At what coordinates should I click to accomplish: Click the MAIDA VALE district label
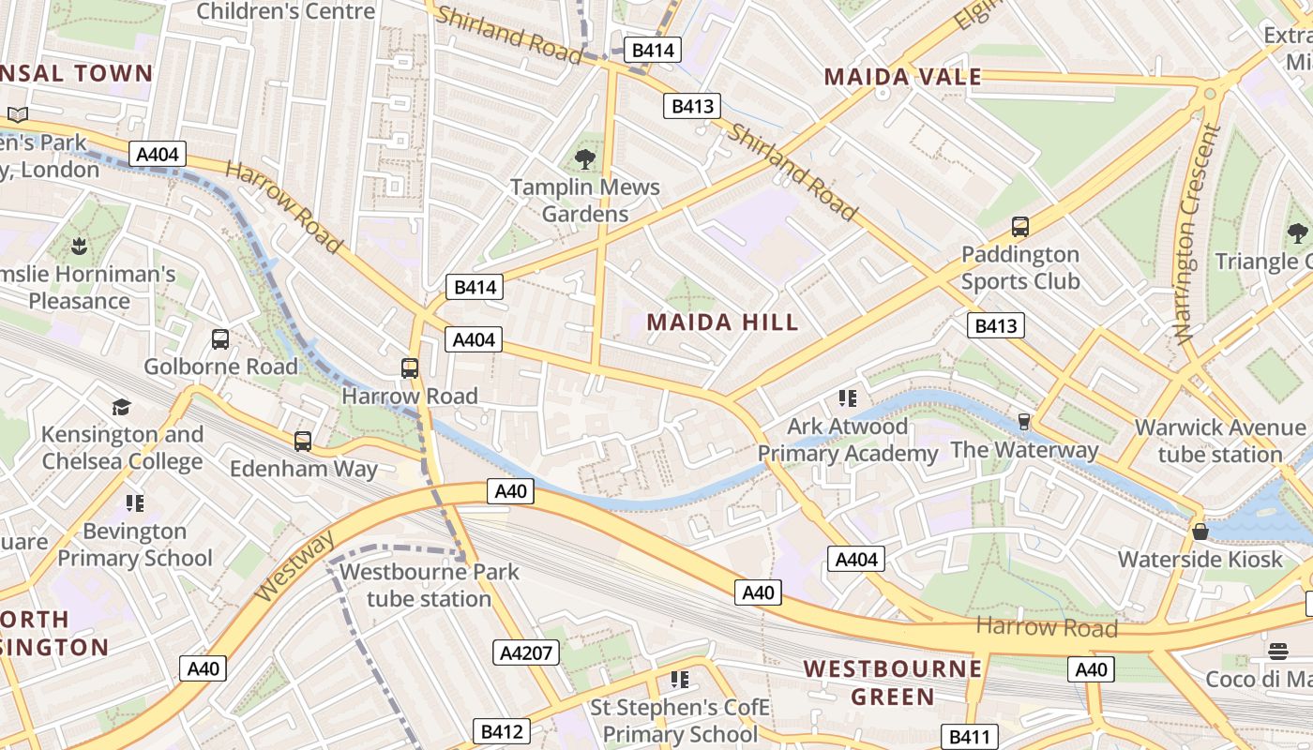902,77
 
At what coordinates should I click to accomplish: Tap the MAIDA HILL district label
722,322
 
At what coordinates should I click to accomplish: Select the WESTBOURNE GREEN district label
893,682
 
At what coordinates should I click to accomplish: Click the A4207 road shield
525,652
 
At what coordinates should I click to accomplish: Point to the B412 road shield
501,731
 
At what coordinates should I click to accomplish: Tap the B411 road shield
968,737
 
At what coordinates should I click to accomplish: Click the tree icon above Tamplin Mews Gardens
585,159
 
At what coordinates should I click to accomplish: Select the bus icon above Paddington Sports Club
1019,227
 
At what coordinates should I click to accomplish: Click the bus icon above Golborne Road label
220,339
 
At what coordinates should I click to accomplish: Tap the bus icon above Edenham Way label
302,442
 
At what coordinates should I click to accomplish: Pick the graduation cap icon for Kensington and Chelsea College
121,407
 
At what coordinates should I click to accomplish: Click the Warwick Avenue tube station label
1219,441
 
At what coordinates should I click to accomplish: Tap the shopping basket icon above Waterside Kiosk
1200,532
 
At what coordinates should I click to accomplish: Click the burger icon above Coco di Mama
1277,652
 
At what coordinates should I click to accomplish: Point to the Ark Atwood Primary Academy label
847,440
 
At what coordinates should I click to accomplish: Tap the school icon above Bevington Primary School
135,503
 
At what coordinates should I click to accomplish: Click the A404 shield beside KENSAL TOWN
158,154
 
